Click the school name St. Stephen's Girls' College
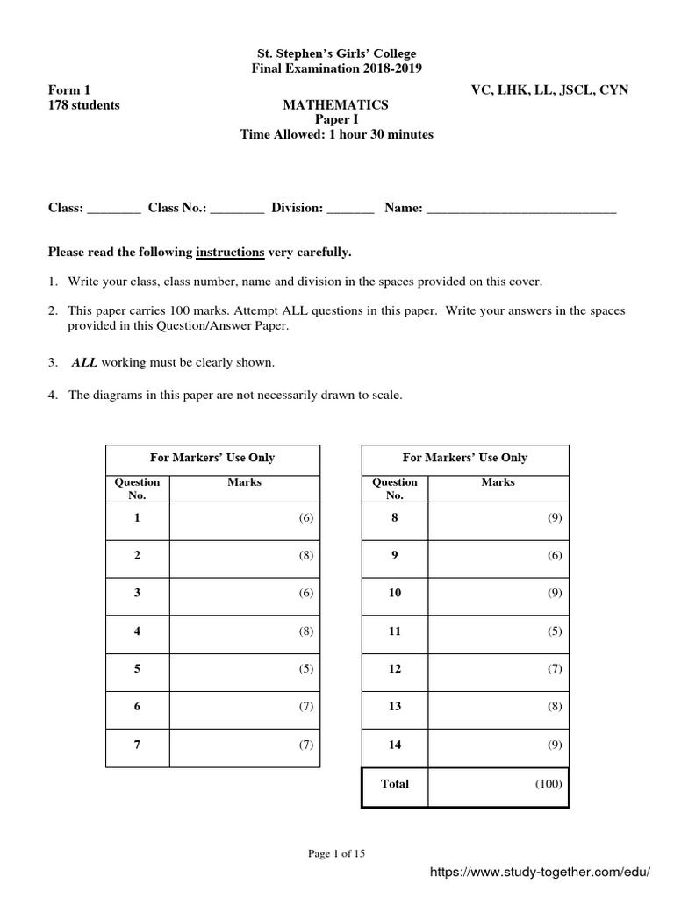click(336, 53)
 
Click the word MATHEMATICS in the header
click(336, 105)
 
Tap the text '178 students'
click(83, 105)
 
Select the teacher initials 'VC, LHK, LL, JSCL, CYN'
click(549, 90)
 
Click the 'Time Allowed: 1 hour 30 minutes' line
click(336, 135)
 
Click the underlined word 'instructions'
click(230, 253)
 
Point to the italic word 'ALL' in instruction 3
click(83, 362)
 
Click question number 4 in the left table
click(137, 631)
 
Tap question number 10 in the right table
click(395, 593)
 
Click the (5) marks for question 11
click(554, 631)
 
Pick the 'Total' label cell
click(395, 784)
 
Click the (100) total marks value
click(549, 784)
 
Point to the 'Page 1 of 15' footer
click(336, 855)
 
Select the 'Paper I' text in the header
click(336, 120)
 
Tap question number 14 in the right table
click(395, 745)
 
